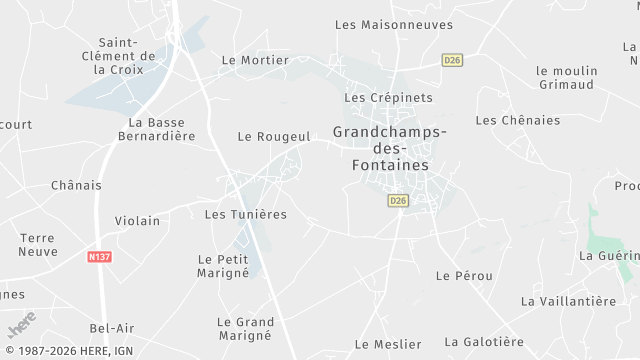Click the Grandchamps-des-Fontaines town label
[x=390, y=148]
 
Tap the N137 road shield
[x=99, y=257]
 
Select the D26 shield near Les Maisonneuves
[x=453, y=60]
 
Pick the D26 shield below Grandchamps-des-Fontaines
[x=398, y=201]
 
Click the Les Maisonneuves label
[x=394, y=25]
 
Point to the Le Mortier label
[x=255, y=60]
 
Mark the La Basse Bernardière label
[x=155, y=129]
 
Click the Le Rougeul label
[x=275, y=136]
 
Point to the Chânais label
[x=76, y=185]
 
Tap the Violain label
[x=138, y=220]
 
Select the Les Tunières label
[x=245, y=214]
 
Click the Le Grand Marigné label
[x=245, y=328]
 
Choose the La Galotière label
[x=484, y=342]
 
